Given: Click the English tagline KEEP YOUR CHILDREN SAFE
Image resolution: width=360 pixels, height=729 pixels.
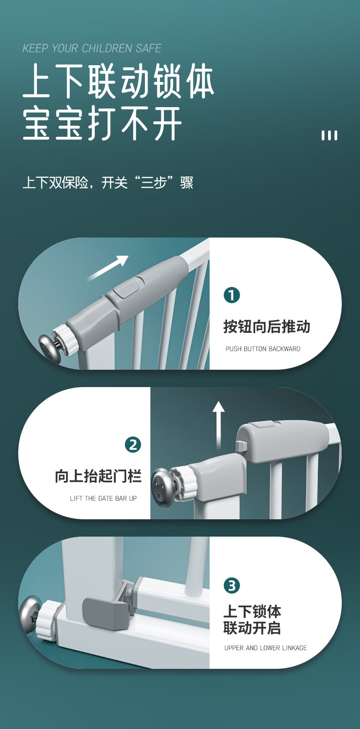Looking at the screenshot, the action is pyautogui.click(x=92, y=48).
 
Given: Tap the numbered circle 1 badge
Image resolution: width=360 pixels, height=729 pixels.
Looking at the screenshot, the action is pyautogui.click(x=231, y=295).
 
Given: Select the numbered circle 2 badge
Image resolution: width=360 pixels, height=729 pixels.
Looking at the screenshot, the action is pyautogui.click(x=133, y=445).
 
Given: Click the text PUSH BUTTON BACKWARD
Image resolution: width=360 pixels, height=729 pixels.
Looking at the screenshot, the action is pyautogui.click(x=263, y=349).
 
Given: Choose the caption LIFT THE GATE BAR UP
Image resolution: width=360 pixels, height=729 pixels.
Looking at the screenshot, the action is pyautogui.click(x=103, y=498).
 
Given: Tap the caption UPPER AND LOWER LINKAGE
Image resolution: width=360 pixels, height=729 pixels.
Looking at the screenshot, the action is pyautogui.click(x=265, y=648).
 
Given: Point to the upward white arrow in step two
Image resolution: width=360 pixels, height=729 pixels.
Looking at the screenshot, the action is pyautogui.click(x=219, y=425).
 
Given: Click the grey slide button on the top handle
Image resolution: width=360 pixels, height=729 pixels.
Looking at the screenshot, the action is pyautogui.click(x=130, y=287).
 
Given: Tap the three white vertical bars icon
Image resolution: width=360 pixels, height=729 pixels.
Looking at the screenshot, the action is pyautogui.click(x=329, y=135).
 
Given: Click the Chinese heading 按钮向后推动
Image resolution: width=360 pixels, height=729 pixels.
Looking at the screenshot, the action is pyautogui.click(x=267, y=326).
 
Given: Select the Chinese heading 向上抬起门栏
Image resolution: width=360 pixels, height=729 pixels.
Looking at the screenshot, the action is pyautogui.click(x=98, y=476).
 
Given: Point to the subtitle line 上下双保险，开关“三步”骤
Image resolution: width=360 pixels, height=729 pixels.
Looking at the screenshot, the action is pyautogui.click(x=108, y=182).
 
